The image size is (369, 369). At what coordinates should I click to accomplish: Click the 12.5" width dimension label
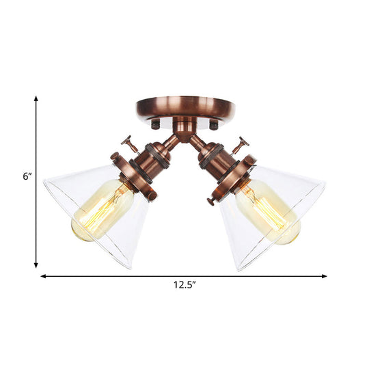point(182,286)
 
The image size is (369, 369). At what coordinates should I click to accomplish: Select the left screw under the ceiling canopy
point(154,126)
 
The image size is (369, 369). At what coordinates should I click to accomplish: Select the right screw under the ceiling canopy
point(213,126)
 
